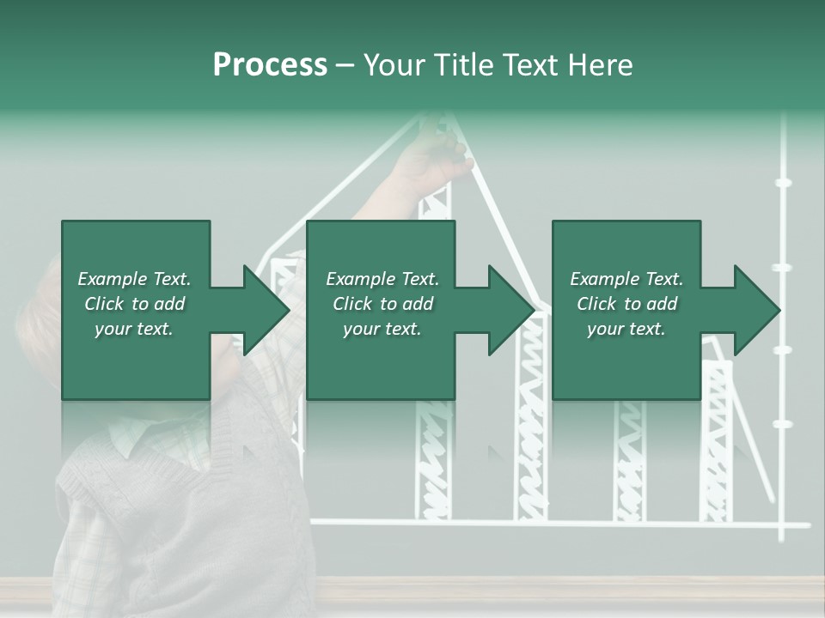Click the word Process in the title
pyautogui.click(x=270, y=65)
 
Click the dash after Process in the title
pyautogui.click(x=345, y=66)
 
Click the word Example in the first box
pyautogui.click(x=112, y=279)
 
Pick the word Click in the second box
pyautogui.click(x=352, y=304)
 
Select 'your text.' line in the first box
pyautogui.click(x=134, y=329)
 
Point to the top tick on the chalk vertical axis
pyautogui.click(x=783, y=182)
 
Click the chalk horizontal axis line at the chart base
pyautogui.click(x=559, y=523)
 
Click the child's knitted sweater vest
pyautogui.click(x=172, y=506)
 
